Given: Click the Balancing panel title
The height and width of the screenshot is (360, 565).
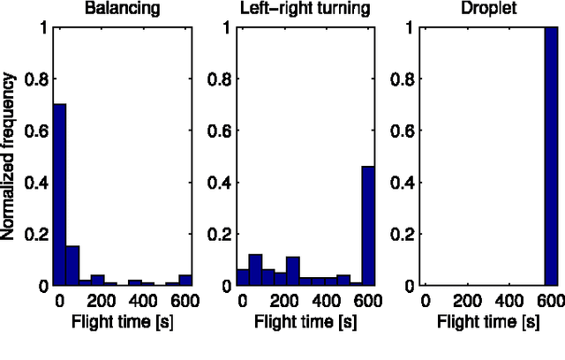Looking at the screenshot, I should click(x=122, y=10).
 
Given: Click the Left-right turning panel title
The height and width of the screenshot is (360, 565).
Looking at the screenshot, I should click(x=305, y=10).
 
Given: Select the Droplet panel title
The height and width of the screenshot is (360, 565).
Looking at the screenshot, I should click(x=490, y=10).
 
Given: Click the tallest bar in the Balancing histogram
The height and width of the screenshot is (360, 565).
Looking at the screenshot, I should click(x=59, y=194).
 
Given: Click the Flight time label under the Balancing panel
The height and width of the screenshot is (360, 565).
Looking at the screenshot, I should click(x=122, y=320).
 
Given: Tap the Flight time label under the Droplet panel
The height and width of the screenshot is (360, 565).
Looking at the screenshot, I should click(x=490, y=320).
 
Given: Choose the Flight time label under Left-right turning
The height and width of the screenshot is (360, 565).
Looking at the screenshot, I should click(x=305, y=320).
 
